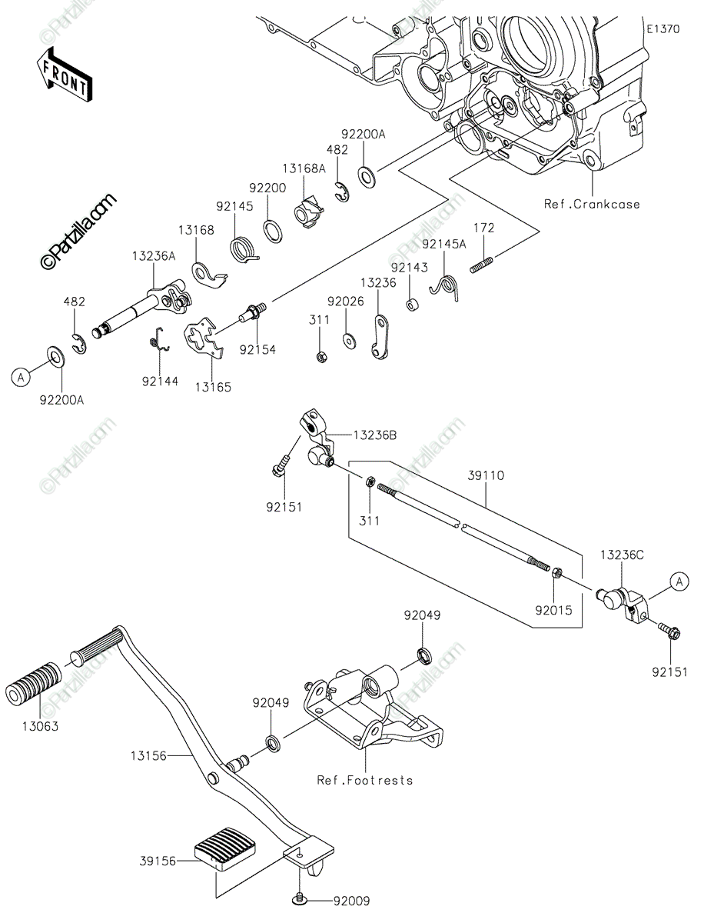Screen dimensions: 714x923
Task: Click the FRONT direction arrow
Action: pos(64,75)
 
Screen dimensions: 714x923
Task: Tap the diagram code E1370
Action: pos(663,29)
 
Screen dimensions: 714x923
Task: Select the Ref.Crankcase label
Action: pos(592,204)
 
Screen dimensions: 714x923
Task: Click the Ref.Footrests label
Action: pos(365,780)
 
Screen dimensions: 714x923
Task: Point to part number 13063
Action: pos(40,726)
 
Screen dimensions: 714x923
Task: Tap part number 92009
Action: pos(352,901)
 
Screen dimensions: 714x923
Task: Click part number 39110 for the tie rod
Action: pos(486,475)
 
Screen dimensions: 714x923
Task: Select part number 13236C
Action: pos(622,555)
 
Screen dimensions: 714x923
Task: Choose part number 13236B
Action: pos(375,435)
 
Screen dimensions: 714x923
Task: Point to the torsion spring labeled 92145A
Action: pos(444,287)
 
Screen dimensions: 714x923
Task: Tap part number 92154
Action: pos(257,349)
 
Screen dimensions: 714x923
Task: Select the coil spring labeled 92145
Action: pos(244,251)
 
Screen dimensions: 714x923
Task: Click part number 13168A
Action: pos(304,168)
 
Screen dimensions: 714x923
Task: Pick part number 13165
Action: pos(213,387)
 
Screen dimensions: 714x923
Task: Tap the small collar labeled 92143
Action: pos(411,305)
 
